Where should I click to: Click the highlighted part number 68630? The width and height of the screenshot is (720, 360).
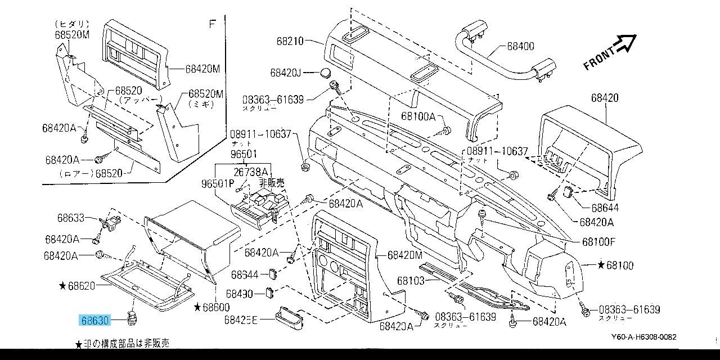[x=95, y=321]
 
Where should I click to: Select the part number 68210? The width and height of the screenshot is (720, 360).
[x=290, y=40]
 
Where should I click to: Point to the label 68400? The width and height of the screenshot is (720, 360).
[x=520, y=47]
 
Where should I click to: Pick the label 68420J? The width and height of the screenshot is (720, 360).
[x=286, y=73]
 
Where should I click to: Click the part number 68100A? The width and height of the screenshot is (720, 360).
[x=418, y=116]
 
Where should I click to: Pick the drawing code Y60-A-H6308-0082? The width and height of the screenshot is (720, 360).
[x=643, y=337]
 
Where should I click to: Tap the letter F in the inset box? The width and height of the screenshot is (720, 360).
[x=212, y=24]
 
